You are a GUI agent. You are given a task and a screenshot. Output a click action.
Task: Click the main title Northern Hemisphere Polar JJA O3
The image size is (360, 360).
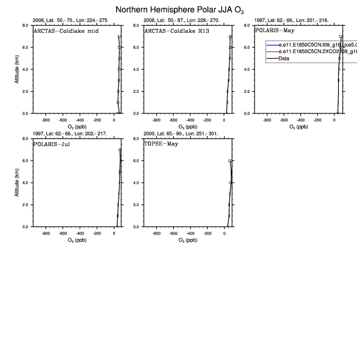(x=179, y=10)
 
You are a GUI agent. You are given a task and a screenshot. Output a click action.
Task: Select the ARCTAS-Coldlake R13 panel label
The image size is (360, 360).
(x=172, y=30)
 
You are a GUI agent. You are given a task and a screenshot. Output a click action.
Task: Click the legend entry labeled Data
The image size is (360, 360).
(x=284, y=58)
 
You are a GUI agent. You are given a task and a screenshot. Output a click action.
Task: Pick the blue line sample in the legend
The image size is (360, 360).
(x=272, y=44)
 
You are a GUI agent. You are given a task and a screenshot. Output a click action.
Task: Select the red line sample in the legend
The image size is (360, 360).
(x=272, y=51)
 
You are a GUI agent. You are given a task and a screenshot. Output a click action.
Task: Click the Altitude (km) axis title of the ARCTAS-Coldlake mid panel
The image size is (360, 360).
(x=17, y=69)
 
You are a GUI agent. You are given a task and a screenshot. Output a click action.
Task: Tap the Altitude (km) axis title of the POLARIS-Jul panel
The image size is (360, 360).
(x=17, y=183)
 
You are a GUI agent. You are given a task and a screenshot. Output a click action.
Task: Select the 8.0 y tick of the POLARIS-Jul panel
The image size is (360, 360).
(x=26, y=139)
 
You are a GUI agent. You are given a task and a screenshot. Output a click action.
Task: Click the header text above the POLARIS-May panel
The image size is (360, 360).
(x=291, y=20)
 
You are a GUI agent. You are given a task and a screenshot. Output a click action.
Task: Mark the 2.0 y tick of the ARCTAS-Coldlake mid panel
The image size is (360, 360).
(x=26, y=91)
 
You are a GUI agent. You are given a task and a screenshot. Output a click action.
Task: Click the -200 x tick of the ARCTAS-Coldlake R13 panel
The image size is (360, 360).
(x=208, y=119)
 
